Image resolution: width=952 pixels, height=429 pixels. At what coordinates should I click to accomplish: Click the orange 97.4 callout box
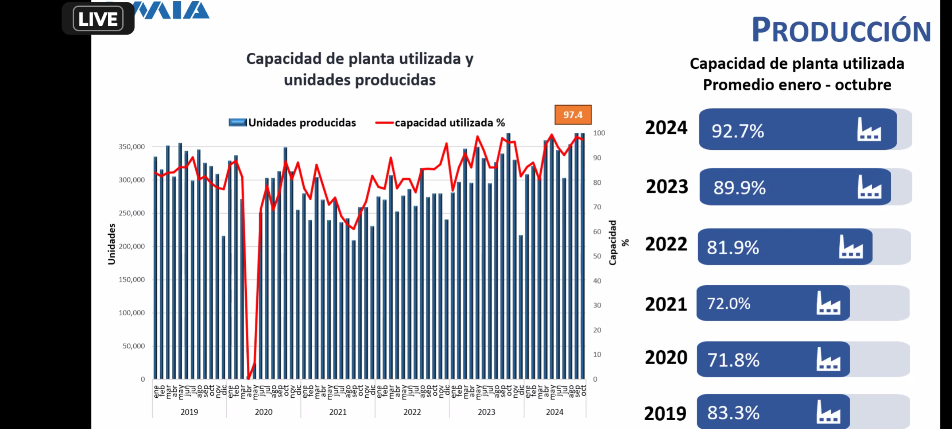573,115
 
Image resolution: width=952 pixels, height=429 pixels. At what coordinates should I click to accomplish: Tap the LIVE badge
98,19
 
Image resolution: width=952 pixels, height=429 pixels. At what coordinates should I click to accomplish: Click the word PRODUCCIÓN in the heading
841,30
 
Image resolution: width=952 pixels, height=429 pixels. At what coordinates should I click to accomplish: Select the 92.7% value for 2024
737,131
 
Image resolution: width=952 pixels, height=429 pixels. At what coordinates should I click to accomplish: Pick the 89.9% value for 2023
739,187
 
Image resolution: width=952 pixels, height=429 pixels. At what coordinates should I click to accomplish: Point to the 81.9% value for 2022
733,247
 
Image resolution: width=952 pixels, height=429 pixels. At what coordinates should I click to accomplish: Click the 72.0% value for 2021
728,304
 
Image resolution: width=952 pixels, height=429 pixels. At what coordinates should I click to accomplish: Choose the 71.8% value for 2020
733,360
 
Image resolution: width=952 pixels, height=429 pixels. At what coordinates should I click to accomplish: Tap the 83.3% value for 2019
733,413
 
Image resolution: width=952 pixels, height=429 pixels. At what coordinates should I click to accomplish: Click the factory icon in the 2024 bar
869,129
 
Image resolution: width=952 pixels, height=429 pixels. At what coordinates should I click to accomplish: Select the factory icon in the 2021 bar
828,303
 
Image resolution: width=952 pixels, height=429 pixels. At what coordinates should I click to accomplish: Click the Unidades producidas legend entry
293,123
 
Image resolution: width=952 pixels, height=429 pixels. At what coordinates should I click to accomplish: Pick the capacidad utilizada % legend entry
440,123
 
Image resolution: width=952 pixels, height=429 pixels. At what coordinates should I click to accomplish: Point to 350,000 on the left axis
132,147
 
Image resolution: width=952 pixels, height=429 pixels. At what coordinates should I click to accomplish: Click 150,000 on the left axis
132,280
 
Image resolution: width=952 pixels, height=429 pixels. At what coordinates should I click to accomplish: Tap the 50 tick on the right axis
597,256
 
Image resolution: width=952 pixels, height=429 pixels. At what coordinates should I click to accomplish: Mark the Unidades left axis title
112,244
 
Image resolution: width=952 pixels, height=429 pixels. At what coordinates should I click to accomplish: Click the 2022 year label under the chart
412,412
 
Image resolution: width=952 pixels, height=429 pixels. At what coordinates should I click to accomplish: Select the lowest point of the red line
248,378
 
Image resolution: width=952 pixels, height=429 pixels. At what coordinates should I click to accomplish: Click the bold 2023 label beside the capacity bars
667,187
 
